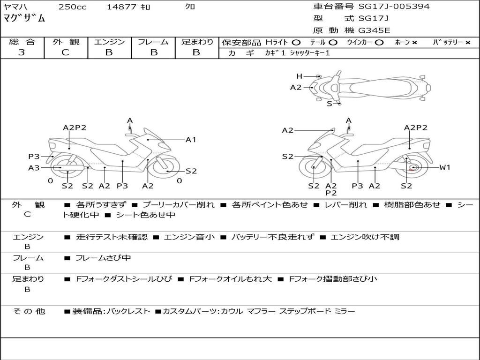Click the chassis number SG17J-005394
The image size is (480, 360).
pyautogui.click(x=394, y=7)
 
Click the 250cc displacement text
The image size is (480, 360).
pyautogui.click(x=73, y=7)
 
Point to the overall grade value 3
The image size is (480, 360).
pyautogui.click(x=22, y=52)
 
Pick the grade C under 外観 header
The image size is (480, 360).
pyautogui.click(x=65, y=52)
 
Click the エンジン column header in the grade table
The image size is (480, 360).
pyautogui.click(x=109, y=42)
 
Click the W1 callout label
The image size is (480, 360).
pyautogui.click(x=445, y=167)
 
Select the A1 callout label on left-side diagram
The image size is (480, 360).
pyautogui.click(x=191, y=140)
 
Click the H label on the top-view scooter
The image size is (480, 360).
pyautogui.click(x=299, y=76)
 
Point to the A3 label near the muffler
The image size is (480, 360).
pyautogui.click(x=34, y=168)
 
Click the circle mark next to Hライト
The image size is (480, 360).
pyautogui.click(x=296, y=43)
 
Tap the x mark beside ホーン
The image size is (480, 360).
pyautogui.click(x=414, y=43)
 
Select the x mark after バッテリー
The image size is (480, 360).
pyautogui.click(x=468, y=43)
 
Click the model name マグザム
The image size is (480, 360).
pyautogui.click(x=24, y=18)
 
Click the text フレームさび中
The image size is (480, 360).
pyautogui.click(x=103, y=258)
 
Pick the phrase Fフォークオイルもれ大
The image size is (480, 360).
pyautogui.click(x=231, y=279)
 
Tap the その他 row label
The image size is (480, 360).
pyautogui.click(x=29, y=311)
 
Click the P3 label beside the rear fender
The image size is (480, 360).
pyautogui.click(x=34, y=157)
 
